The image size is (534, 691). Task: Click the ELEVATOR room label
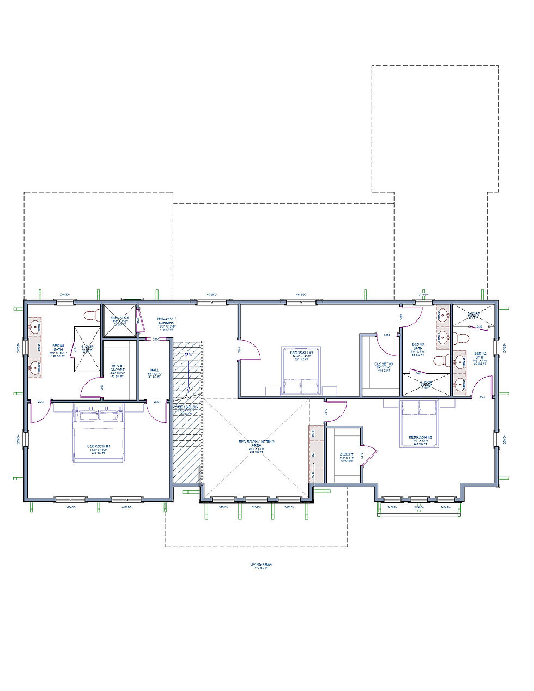pyautogui.click(x=119, y=317)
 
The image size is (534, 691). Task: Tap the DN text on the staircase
pyautogui.click(x=188, y=355)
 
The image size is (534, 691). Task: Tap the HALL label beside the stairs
pyautogui.click(x=154, y=370)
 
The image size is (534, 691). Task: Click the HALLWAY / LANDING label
pyautogui.click(x=166, y=320)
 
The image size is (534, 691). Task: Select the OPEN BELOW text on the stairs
pyautogui.click(x=187, y=407)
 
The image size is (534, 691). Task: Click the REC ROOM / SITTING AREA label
pyautogui.click(x=256, y=443)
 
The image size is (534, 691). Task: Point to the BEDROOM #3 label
pyautogui.click(x=301, y=353)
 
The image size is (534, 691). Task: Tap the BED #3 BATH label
pyautogui.click(x=418, y=347)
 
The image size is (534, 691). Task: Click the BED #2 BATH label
pyautogui.click(x=480, y=357)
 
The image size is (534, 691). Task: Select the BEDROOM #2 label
pyautogui.click(x=420, y=438)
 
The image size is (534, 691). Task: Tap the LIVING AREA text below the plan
pyautogui.click(x=259, y=565)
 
